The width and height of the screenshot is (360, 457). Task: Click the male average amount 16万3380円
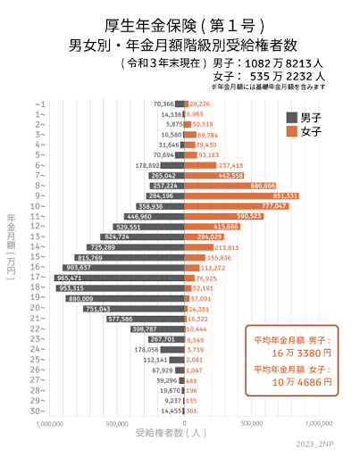tap(292, 353)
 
